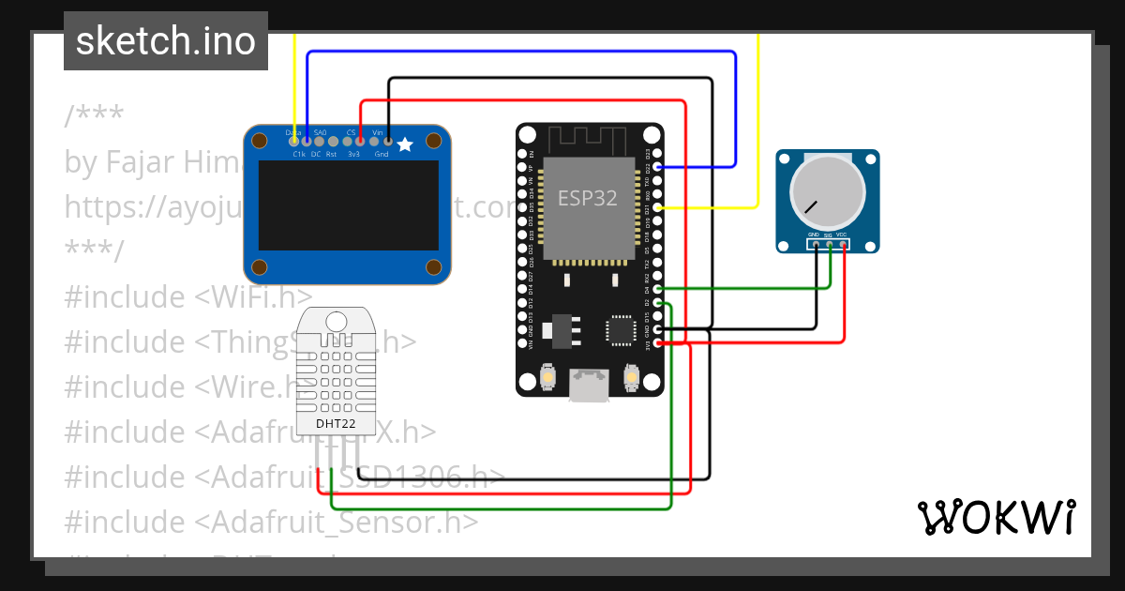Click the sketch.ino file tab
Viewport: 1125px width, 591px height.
pos(166,41)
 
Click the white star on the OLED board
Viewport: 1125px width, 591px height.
pos(405,144)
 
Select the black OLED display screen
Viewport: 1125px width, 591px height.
pos(348,207)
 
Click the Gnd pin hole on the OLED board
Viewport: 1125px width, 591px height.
pos(388,141)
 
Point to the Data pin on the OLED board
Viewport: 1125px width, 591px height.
pos(294,141)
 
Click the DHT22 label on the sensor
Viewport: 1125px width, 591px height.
pos(335,423)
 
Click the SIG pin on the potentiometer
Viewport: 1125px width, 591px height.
pos(830,245)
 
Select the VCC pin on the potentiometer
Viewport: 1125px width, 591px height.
pos(844,245)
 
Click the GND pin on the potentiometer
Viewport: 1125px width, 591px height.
pos(816,245)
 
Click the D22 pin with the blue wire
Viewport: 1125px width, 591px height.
pos(658,166)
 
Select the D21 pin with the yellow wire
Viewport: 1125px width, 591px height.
pos(658,206)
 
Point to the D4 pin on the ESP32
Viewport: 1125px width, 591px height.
pos(658,289)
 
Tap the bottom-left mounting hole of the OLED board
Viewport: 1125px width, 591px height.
pos(262,267)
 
